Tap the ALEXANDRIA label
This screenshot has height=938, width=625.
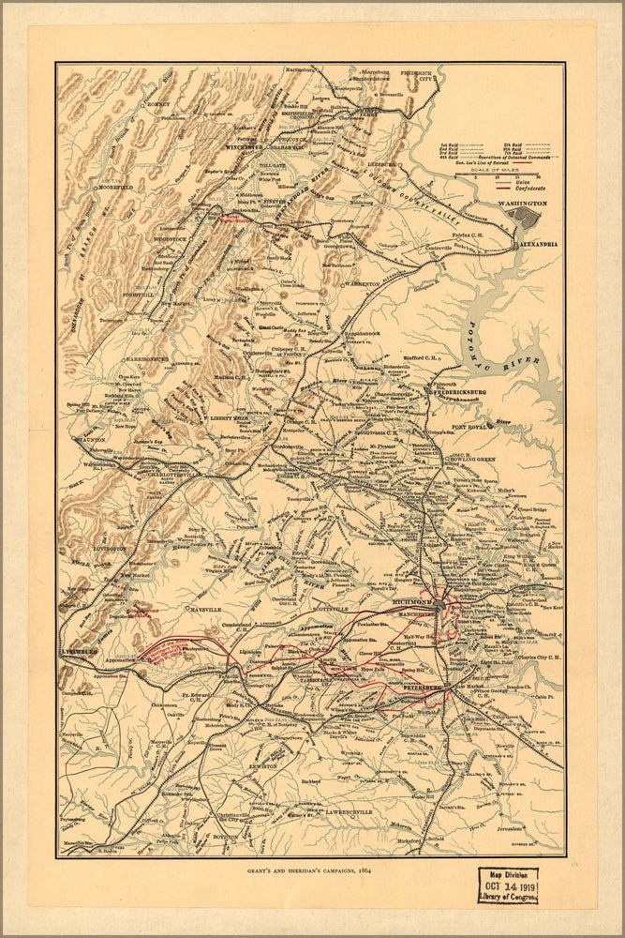538,244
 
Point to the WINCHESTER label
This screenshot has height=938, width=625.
246,148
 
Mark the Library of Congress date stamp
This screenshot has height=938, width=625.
508,884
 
